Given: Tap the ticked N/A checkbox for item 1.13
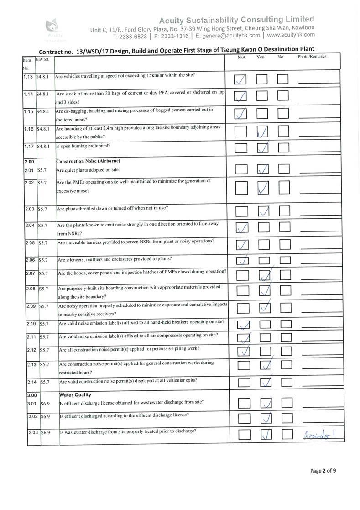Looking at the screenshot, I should click(x=240, y=79).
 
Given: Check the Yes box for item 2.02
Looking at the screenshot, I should click(x=263, y=187).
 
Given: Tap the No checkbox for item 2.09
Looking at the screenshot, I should click(x=286, y=308).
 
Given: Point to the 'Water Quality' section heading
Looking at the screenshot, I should click(x=75, y=394).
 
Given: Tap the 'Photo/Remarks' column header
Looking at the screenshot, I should click(x=312, y=57).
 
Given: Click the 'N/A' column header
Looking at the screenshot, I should click(x=242, y=57).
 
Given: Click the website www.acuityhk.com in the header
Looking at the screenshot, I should click(x=291, y=35).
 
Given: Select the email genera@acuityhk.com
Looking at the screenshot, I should click(x=231, y=35).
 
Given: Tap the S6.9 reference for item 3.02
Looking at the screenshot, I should click(x=45, y=416).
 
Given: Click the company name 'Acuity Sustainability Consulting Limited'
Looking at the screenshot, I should click(x=236, y=19).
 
